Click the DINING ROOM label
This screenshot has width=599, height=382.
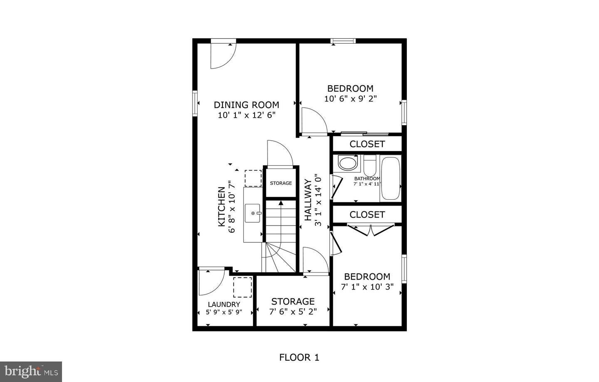(x=246, y=105)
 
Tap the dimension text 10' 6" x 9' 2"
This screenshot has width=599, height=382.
(x=350, y=99)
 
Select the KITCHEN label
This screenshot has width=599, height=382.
(x=222, y=207)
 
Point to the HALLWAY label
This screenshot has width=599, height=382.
(x=308, y=200)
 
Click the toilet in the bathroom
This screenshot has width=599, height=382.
(x=370, y=165)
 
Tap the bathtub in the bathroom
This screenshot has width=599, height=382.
(x=391, y=178)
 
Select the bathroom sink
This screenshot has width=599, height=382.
(x=347, y=163)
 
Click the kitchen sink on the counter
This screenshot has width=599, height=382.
(x=253, y=213)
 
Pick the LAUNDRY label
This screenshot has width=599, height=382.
(x=224, y=304)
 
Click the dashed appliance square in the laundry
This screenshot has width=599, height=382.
(x=242, y=287)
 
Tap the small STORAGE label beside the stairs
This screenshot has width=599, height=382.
(x=281, y=183)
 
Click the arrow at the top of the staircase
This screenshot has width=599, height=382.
(x=281, y=203)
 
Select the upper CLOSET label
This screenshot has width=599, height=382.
(x=367, y=144)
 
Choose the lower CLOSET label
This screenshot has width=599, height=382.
(x=367, y=214)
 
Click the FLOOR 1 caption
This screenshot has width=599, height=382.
(x=299, y=357)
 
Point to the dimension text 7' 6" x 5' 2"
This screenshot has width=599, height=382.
(x=293, y=311)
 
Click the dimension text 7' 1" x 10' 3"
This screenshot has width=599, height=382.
(x=367, y=286)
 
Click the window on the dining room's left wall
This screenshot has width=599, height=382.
(x=194, y=103)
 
